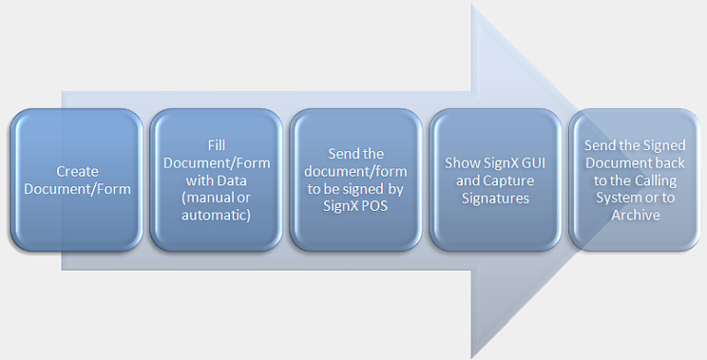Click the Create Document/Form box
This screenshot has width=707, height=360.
click(76, 180)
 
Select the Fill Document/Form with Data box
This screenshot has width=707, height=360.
click(216, 180)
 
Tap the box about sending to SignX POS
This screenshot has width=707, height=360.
click(356, 180)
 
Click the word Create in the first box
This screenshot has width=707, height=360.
click(76, 171)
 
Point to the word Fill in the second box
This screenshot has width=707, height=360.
click(216, 145)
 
